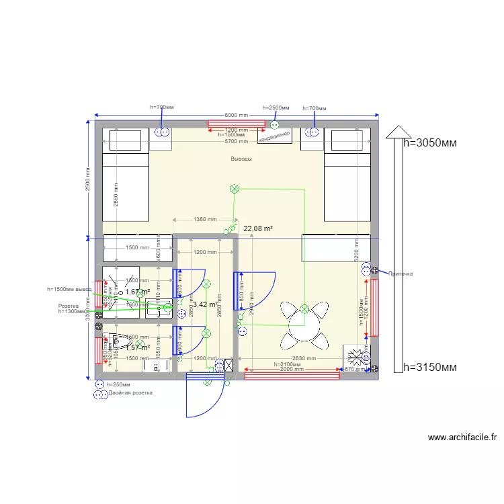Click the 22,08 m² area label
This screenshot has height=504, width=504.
258,229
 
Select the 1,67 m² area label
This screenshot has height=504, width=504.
137,292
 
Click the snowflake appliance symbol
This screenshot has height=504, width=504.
355,358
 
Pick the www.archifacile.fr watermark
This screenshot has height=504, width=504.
462,437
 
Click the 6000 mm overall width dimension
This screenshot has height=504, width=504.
236,116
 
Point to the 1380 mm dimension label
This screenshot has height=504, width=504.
205,219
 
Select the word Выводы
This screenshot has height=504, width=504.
241,159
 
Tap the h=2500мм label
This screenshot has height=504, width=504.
276,108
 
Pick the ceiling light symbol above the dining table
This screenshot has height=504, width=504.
304,309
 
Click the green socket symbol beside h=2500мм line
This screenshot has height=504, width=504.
274,124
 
